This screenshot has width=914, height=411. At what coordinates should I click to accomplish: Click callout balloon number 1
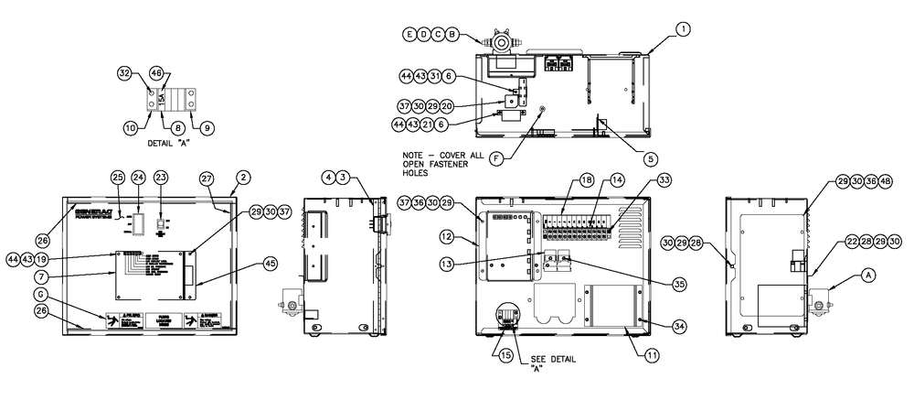(x=683, y=28)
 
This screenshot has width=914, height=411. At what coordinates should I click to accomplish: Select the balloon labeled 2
(x=244, y=176)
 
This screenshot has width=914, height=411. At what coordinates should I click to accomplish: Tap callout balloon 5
(x=650, y=157)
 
